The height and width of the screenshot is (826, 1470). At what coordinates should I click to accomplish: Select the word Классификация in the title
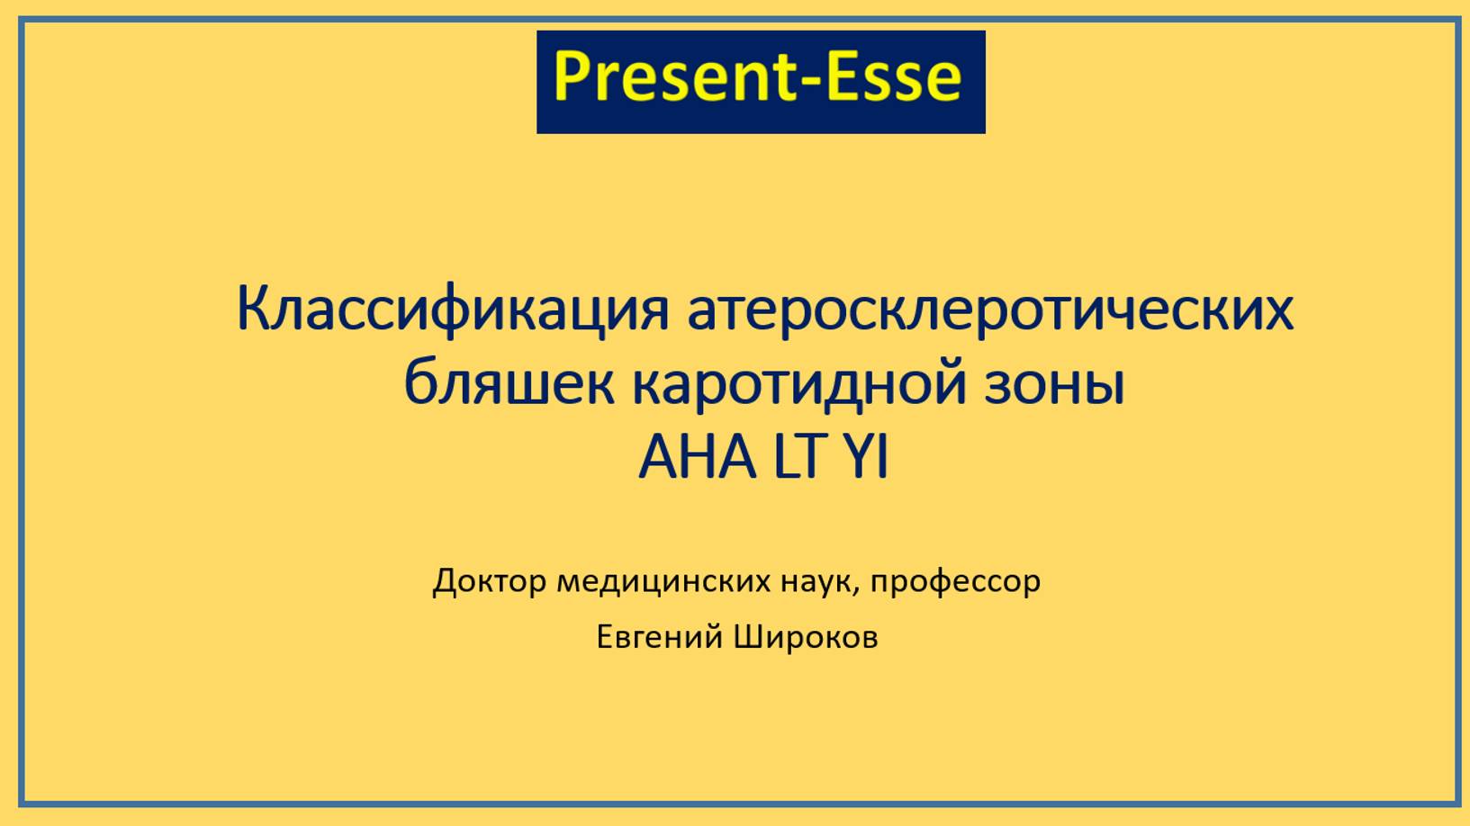pos(453,309)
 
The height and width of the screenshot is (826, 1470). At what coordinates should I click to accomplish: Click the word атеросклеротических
pos(990,309)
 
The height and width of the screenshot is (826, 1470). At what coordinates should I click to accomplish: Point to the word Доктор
pos(489,582)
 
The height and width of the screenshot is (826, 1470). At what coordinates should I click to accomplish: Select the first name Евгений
pos(659,637)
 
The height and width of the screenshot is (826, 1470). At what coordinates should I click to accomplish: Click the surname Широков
pos(806,637)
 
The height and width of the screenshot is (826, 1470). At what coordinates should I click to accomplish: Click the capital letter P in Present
pos(570,77)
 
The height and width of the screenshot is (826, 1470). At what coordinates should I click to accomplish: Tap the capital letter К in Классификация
pos(254,309)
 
